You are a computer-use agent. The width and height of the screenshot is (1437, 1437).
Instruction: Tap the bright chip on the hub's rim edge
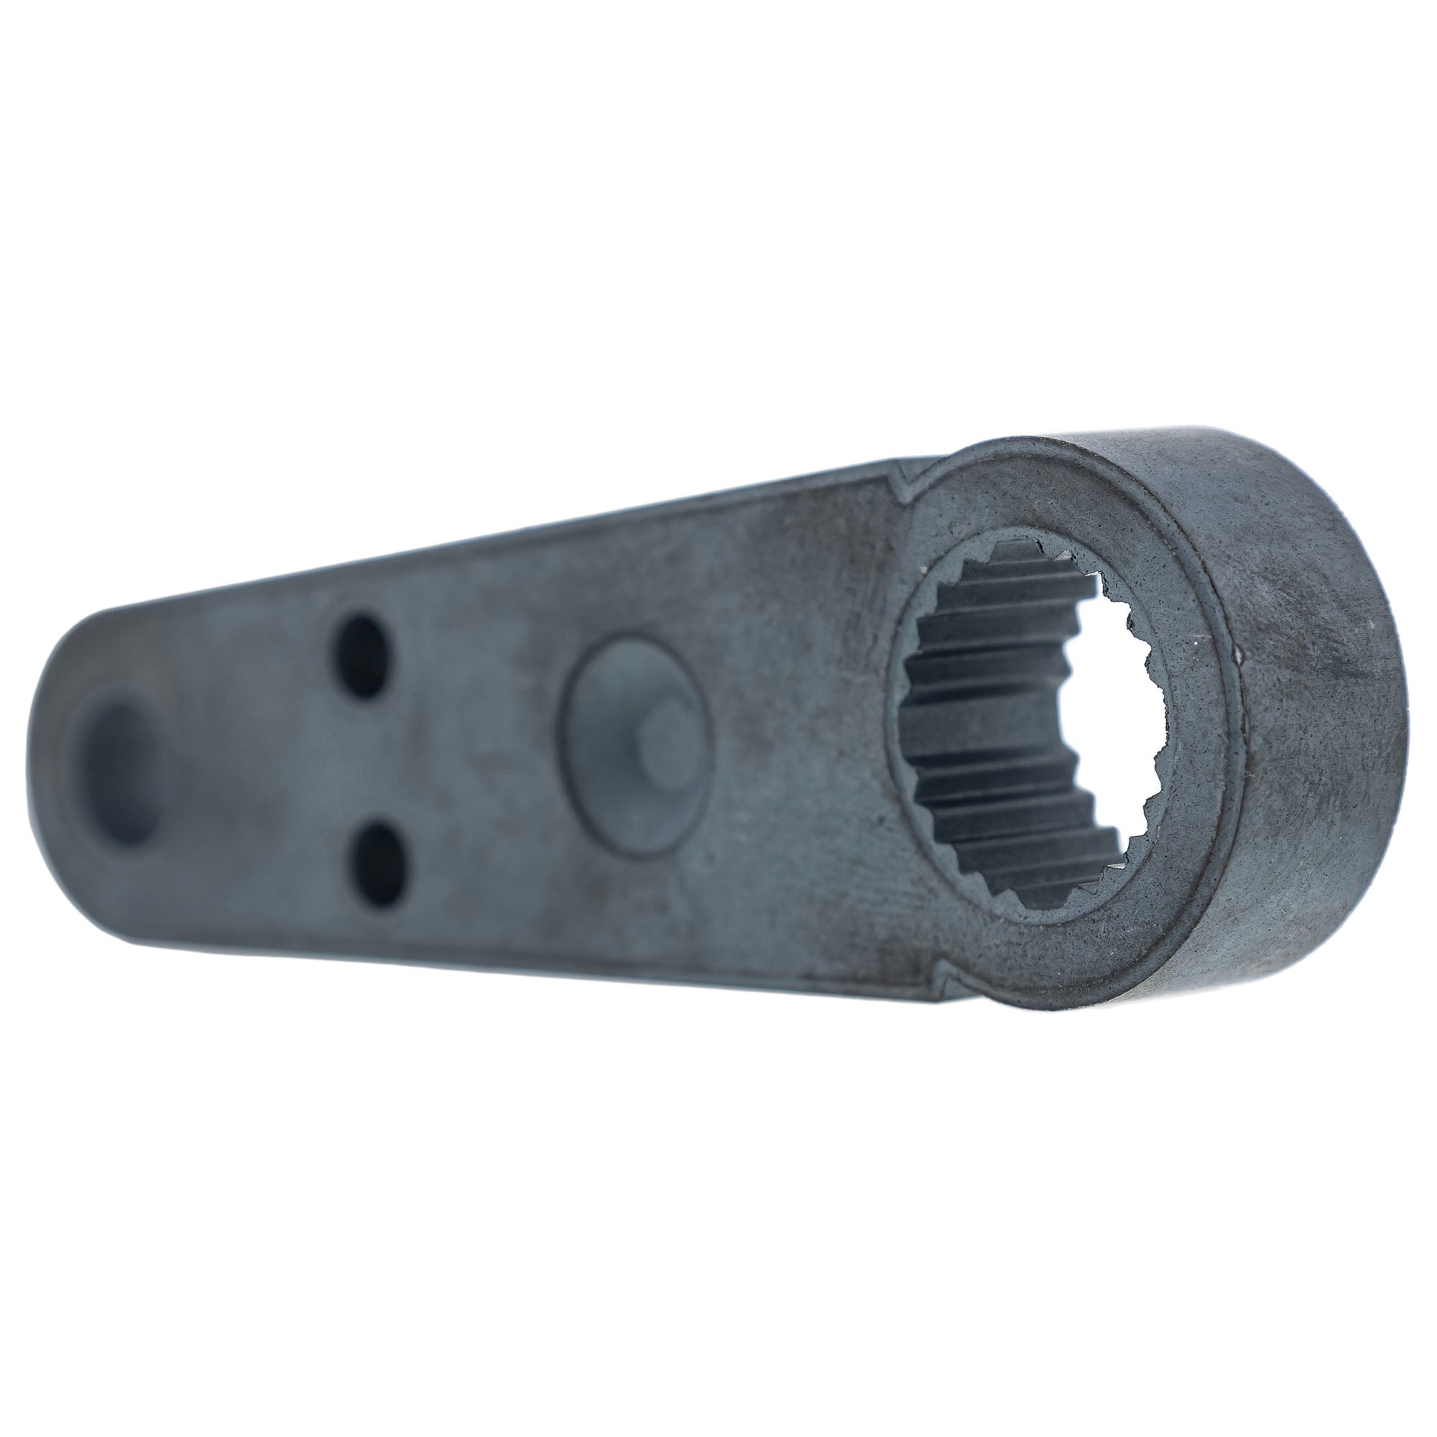[x=1239, y=655]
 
